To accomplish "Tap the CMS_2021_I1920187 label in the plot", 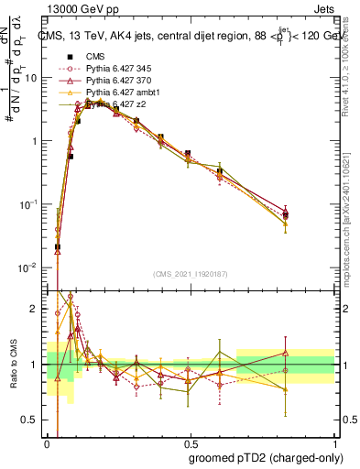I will pos(191,274).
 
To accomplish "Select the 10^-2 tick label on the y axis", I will pos(30,267).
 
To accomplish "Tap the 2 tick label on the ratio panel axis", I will pos(37,309).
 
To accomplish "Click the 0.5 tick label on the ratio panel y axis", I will pos(32,420).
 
